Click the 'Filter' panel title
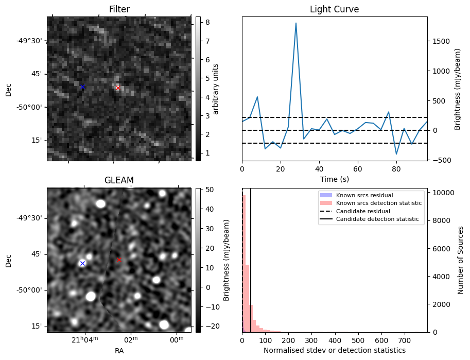tap(119, 9)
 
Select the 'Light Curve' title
tap(334, 9)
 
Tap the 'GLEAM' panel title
tap(119, 180)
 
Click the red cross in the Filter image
tap(118, 88)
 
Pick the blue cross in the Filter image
tap(82, 87)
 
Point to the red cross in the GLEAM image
tap(119, 260)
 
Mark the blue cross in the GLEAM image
tap(82, 263)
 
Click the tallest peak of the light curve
tap(296, 23)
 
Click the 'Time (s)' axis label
tap(334, 178)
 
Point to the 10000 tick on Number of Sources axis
tap(441, 193)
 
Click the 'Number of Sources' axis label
tap(461, 260)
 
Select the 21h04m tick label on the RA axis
tap(84, 340)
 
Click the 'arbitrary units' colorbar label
tap(216, 89)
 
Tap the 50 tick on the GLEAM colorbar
tap(203, 190)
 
